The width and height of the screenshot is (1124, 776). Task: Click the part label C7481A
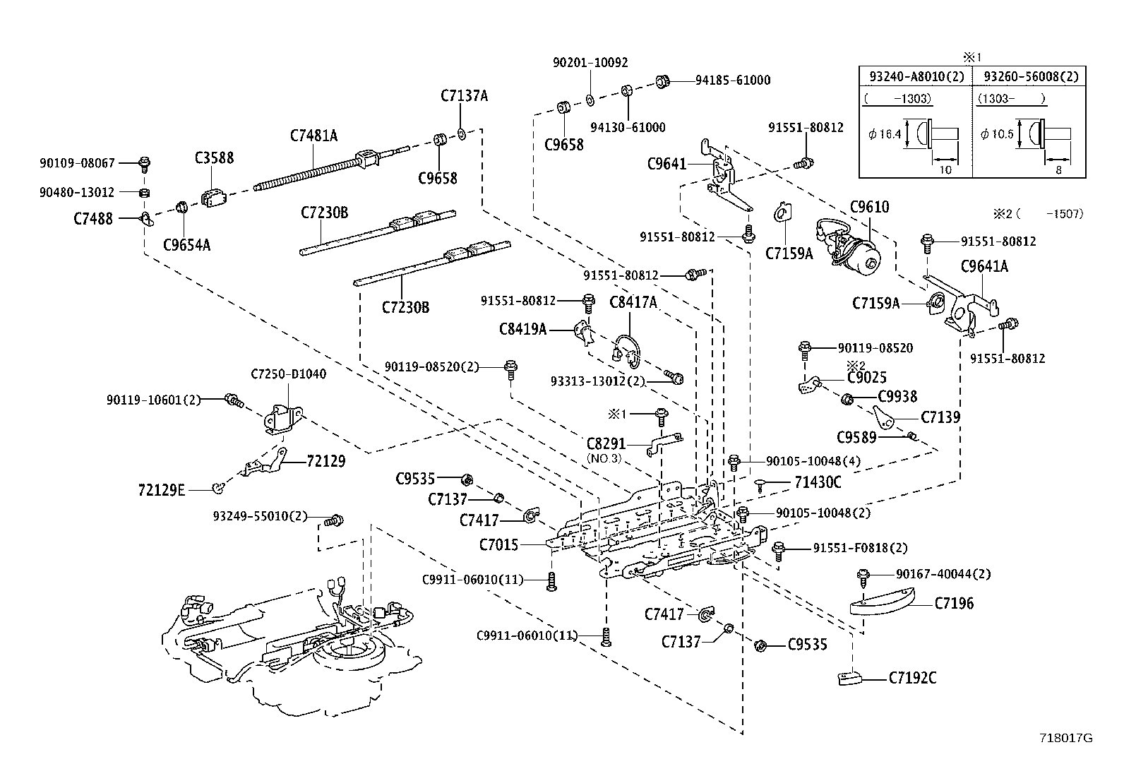[x=313, y=136]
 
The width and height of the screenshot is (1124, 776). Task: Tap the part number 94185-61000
[x=732, y=80]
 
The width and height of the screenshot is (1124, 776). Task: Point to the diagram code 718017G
[x=1066, y=738]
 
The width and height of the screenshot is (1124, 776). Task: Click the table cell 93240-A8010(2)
[x=915, y=76]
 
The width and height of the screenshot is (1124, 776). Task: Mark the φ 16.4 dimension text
[x=885, y=134]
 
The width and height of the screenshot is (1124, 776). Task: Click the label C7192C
[x=912, y=678]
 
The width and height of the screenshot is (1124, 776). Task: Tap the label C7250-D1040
[x=289, y=374]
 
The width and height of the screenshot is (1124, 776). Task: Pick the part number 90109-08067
[x=77, y=163]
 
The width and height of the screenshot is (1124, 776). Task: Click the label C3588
[x=214, y=158]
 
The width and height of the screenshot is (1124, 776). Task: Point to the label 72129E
[x=162, y=489]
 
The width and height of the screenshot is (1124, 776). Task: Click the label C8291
[x=606, y=444]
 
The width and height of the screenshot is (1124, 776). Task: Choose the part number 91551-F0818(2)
[x=860, y=548]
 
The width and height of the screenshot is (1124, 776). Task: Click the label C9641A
[x=984, y=266]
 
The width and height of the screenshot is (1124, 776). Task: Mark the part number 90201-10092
[x=590, y=63]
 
